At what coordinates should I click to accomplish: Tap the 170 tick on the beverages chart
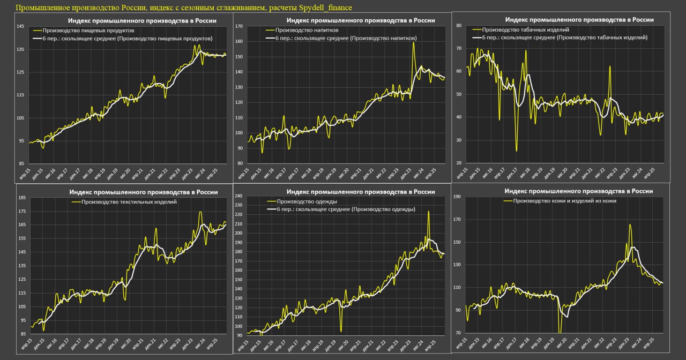[x=240, y=26]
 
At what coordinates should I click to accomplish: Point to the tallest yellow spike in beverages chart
[x=414, y=43]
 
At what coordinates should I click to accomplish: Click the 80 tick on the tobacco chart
[x=459, y=25]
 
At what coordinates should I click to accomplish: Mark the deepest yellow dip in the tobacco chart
[x=517, y=151]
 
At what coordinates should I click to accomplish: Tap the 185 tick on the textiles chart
[x=22, y=198]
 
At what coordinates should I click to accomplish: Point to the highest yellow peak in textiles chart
[x=200, y=212]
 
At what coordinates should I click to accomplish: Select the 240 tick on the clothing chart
[x=239, y=196]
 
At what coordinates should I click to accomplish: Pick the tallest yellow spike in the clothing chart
[x=428, y=212]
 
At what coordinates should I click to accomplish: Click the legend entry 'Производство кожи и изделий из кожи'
[x=564, y=201]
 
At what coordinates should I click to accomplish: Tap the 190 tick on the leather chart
[x=457, y=197]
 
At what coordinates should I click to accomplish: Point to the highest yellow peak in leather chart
[x=630, y=225]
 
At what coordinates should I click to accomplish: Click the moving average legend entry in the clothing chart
[x=345, y=209]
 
